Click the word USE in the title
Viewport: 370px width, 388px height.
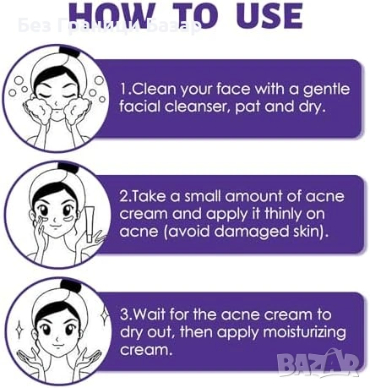[269, 15]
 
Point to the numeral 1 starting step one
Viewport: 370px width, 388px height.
[123, 89]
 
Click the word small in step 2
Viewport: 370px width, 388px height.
[203, 196]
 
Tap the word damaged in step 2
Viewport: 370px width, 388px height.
[252, 232]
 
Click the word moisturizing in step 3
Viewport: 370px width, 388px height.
[304, 332]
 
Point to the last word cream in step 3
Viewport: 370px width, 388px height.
[145, 350]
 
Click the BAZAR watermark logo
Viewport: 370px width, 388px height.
[318, 363]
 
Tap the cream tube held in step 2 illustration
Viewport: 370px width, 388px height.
[90, 224]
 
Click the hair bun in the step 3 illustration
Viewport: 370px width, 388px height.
[71, 285]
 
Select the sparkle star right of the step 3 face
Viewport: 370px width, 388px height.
[105, 315]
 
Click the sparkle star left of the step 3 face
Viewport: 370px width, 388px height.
[19, 329]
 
